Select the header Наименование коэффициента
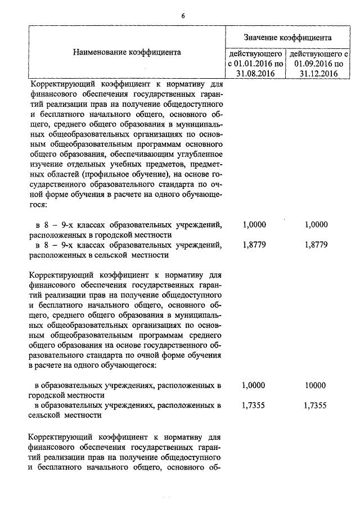tap(127, 52)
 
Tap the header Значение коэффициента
tap(287, 37)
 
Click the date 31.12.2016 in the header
tap(318, 73)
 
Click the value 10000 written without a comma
tap(315, 385)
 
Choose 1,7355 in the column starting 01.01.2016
tap(254, 405)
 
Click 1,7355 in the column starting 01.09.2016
tap(315, 405)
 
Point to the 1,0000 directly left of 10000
tap(254, 385)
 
